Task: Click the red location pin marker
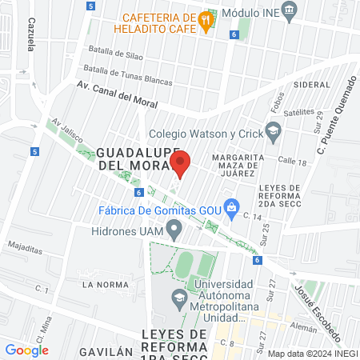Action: point(181,163)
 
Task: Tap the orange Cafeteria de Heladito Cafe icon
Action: point(206,20)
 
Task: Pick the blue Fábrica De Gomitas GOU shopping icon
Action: point(230,206)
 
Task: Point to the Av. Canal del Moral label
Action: point(118,98)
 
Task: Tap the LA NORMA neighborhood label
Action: point(101,284)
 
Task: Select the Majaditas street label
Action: point(23,247)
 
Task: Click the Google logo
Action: point(26,350)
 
